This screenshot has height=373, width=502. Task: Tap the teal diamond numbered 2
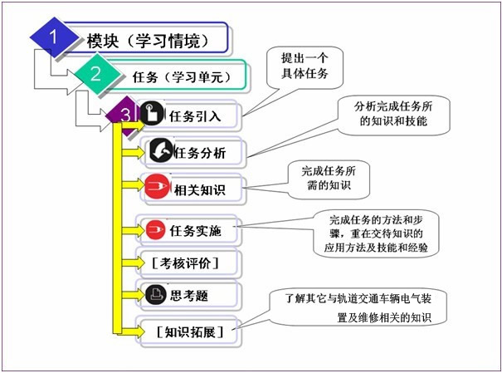click(x=96, y=73)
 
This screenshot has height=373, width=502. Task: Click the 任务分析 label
click(x=197, y=153)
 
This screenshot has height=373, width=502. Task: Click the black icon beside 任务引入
click(x=151, y=115)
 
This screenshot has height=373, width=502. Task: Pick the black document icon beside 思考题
click(x=154, y=293)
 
